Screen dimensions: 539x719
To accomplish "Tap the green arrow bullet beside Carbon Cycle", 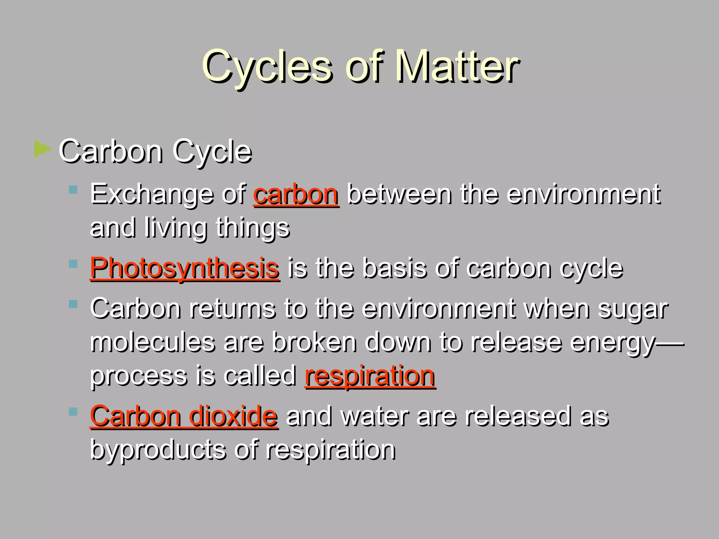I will click(x=43, y=149).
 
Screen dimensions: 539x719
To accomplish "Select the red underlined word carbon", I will click(x=296, y=194).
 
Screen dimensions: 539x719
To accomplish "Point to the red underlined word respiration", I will click(x=370, y=376).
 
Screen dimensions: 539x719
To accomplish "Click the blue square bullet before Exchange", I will click(x=73, y=190).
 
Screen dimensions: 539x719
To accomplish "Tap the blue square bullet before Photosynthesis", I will click(x=73, y=264).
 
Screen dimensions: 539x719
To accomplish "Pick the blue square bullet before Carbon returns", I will click(x=73, y=304).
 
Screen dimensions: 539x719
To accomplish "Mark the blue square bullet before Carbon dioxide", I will click(x=73, y=412).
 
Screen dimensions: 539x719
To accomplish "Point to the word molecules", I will click(x=152, y=342).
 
